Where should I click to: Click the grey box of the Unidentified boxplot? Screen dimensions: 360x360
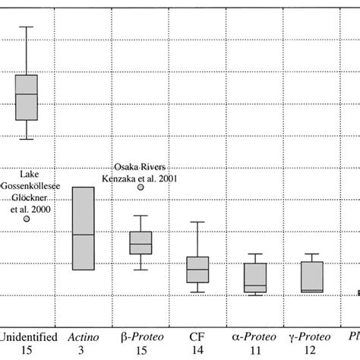point(27,96)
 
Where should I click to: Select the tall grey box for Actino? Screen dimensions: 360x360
point(83,228)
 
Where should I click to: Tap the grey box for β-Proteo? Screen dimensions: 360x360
point(141,242)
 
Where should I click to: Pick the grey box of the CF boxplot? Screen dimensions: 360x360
point(197,269)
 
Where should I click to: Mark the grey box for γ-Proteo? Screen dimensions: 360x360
point(311,276)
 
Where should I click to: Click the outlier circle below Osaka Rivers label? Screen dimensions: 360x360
point(141,187)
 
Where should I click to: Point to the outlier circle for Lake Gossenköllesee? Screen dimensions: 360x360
point(27,219)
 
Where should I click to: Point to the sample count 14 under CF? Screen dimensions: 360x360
point(197,349)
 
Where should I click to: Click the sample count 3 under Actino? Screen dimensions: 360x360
point(83,349)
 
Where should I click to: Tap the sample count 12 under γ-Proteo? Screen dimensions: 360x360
point(310,349)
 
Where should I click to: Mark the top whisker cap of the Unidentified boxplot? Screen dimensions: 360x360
point(27,27)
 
